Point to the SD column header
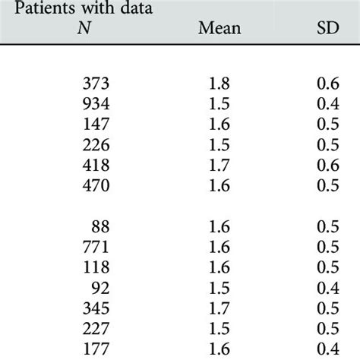click(x=330, y=29)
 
